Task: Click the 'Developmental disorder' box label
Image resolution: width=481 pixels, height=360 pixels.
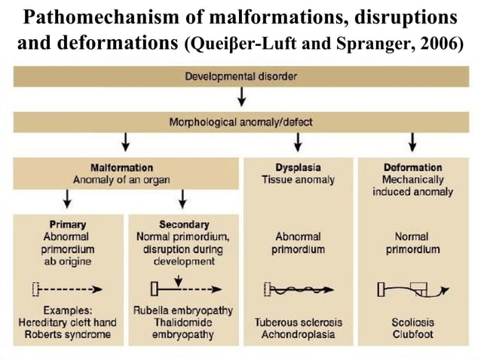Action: coord(240,76)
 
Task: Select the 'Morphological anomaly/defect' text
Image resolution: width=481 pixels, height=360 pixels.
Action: coord(240,121)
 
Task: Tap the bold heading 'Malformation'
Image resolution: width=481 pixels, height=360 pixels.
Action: coord(121,167)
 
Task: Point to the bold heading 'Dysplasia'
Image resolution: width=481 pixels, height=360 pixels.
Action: coord(299,167)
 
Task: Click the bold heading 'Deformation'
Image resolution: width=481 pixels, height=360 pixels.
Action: coord(412,167)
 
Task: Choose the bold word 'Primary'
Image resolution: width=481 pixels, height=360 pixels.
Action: coord(68,224)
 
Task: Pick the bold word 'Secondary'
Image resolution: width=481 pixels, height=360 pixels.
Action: coord(183,224)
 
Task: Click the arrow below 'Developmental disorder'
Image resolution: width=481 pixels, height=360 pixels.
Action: coord(240,97)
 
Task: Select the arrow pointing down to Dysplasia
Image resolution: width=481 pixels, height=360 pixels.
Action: coord(299,142)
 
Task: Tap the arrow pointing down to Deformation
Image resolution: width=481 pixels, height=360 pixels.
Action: coord(412,142)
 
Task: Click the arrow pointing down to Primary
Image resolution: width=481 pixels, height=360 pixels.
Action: coord(68,199)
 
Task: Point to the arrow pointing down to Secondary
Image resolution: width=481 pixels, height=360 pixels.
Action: coord(183,199)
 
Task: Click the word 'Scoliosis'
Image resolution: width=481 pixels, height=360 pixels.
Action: coord(412,322)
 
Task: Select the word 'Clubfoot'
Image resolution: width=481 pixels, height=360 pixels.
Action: coord(412,334)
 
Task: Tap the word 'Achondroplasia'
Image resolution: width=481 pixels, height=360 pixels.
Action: coord(299,334)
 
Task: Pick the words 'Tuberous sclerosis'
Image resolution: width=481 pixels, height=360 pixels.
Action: coord(299,322)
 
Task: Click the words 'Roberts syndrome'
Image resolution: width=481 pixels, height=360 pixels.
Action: coord(68,334)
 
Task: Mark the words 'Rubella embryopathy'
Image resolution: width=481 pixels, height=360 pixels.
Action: coord(183,310)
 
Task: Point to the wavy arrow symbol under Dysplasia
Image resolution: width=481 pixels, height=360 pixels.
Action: coord(299,288)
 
